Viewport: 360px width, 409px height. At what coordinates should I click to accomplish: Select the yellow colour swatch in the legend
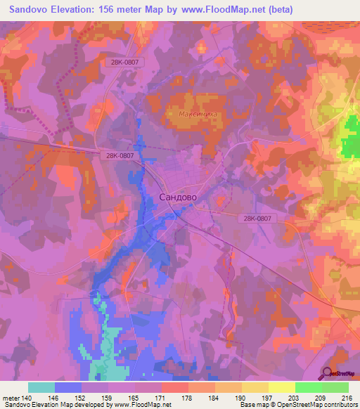(x=281, y=387)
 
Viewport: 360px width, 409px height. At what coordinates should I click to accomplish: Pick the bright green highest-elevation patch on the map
(x=350, y=136)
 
